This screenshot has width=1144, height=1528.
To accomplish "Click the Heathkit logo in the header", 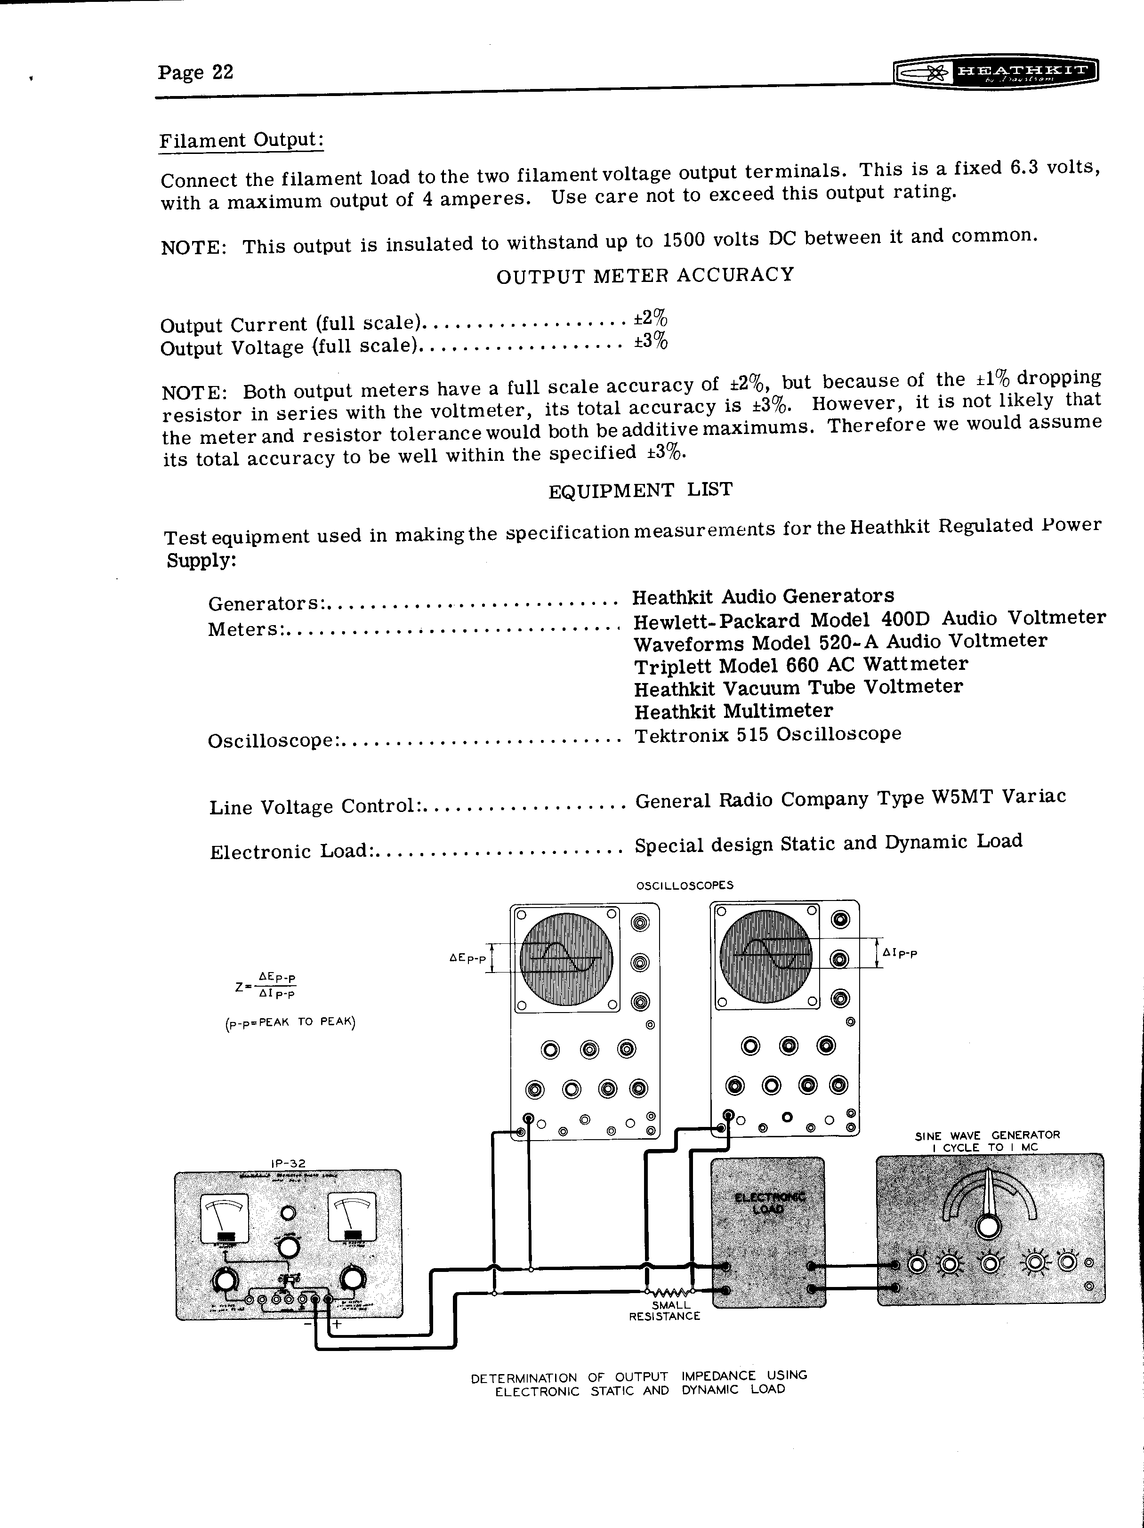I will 995,71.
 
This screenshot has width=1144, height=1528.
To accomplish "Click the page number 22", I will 195,72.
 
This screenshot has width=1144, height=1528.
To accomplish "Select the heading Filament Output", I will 241,140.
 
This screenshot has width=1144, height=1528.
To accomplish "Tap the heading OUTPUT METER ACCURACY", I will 645,275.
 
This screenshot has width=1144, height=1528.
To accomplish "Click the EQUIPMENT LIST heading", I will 640,491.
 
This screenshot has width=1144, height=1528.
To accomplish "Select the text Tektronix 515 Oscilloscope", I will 767,734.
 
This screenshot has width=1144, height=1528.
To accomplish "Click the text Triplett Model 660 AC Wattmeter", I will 801,665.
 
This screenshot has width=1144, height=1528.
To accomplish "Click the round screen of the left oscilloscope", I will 566,960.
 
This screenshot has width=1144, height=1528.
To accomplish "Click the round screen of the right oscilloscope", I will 765,957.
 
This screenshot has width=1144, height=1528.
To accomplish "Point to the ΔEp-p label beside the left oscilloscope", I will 467,959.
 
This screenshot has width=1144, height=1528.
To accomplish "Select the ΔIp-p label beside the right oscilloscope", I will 900,954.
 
